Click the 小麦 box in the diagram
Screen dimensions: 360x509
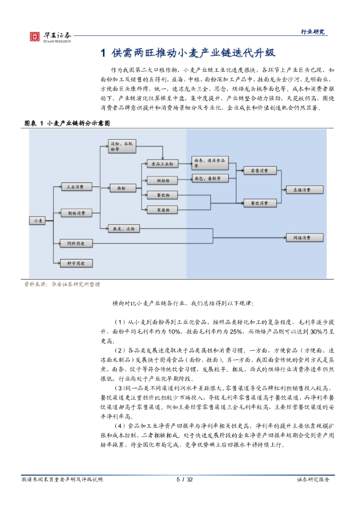pyautogui.click(x=37, y=221)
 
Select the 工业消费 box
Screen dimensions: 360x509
pyautogui.click(x=77, y=187)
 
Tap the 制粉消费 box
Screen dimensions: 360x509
pyautogui.click(x=77, y=213)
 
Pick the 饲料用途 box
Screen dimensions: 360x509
pyautogui.click(x=76, y=244)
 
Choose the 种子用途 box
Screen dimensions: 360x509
pyautogui.click(x=76, y=263)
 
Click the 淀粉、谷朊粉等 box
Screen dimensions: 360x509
pyautogui.click(x=122, y=147)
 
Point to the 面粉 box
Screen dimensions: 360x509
pyautogui.click(x=123, y=188)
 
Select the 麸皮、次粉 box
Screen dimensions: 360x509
pyautogui.click(x=124, y=229)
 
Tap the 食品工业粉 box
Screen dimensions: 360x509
pyautogui.click(x=162, y=164)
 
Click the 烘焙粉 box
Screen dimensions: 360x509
pyautogui.click(x=162, y=180)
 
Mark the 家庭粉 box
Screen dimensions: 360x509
pyautogui.click(x=162, y=210)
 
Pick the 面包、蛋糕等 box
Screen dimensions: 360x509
pyautogui.click(x=210, y=178)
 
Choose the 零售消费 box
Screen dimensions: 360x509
pyautogui.click(x=260, y=170)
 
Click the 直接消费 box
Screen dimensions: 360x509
pyautogui.click(x=304, y=189)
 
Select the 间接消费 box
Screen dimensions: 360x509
pyautogui.click(x=304, y=238)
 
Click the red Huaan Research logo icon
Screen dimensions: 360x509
pyautogui.click(x=35, y=37)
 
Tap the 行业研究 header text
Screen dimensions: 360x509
pyautogui.click(x=313, y=31)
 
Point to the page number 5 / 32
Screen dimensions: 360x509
pyautogui.click(x=184, y=480)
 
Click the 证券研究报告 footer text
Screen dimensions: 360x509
pyautogui.click(x=313, y=480)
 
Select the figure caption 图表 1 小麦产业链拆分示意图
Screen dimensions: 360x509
pyautogui.click(x=67, y=123)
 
